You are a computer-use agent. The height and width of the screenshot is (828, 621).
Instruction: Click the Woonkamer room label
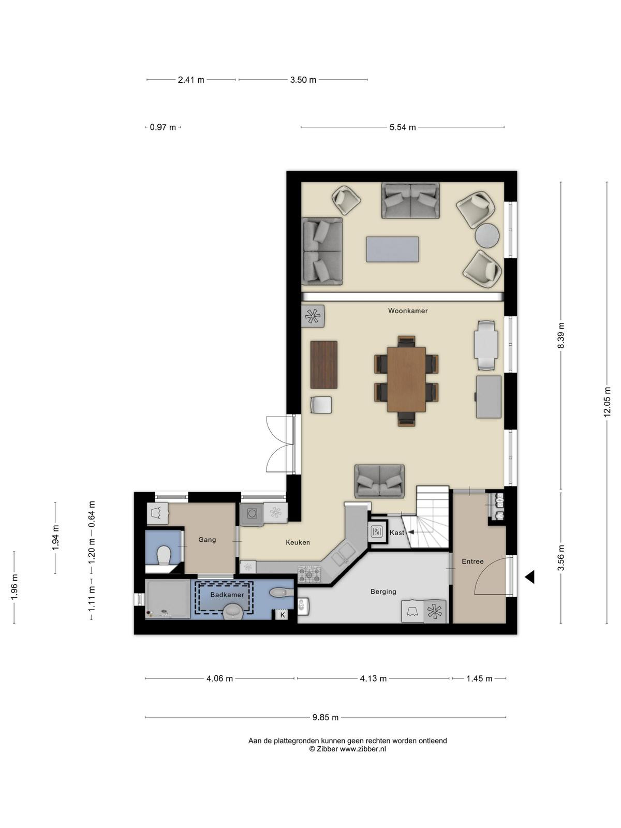click(x=408, y=311)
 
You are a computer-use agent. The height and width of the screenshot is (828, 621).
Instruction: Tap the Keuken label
click(x=298, y=542)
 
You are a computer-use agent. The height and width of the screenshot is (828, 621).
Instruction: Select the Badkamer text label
click(x=227, y=595)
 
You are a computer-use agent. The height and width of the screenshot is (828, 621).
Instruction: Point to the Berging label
click(x=383, y=592)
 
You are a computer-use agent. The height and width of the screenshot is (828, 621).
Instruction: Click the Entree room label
click(x=472, y=561)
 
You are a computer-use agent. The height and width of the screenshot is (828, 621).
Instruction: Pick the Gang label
click(x=207, y=540)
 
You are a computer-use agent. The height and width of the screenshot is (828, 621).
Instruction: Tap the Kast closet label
click(x=396, y=533)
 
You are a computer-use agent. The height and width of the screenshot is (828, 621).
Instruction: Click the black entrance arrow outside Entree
click(x=529, y=577)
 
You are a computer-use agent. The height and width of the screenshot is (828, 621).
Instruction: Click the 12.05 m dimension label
click(x=607, y=402)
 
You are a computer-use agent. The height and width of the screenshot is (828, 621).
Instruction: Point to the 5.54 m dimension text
click(x=403, y=127)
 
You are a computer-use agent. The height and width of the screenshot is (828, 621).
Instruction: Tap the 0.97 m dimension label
click(x=163, y=127)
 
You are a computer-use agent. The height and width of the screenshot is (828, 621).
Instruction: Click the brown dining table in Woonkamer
click(x=406, y=379)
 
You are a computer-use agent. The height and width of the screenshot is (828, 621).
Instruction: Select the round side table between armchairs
click(x=487, y=236)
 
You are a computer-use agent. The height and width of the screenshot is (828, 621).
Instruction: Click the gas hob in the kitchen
click(x=309, y=574)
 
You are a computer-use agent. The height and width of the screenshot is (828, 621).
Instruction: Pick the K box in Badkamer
click(x=282, y=615)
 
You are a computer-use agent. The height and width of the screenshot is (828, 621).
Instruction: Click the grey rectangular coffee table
click(x=392, y=249)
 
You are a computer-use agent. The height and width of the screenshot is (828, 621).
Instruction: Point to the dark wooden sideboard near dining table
click(x=324, y=364)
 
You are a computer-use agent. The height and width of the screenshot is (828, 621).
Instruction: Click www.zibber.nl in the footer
click(x=363, y=749)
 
